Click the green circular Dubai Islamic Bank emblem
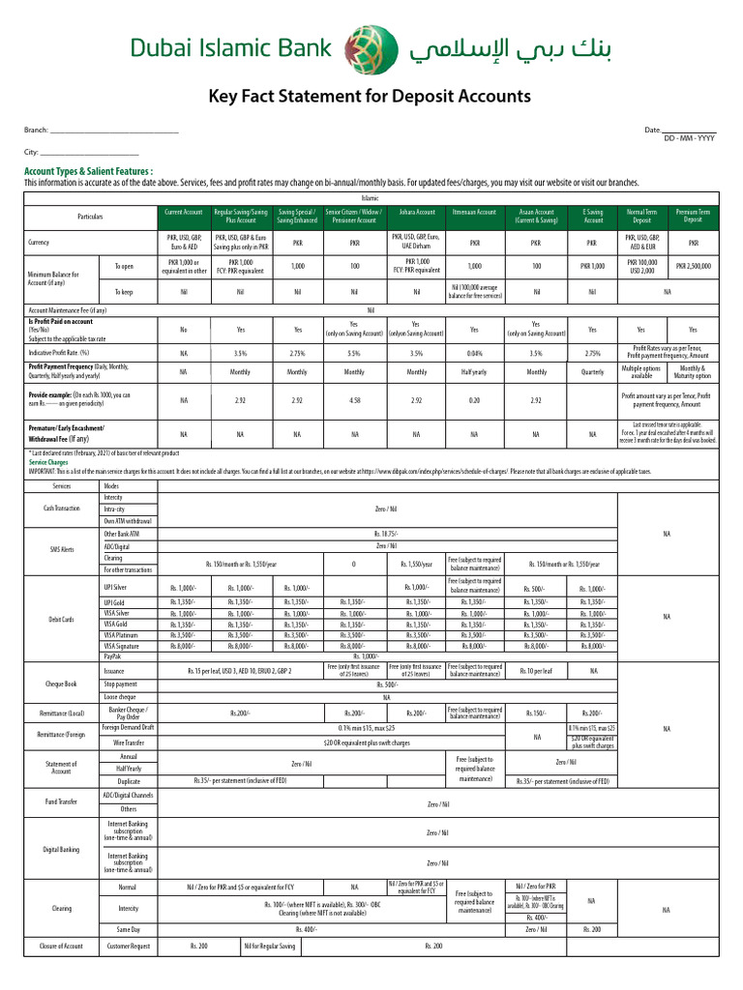click(371, 46)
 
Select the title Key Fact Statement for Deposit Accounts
click(371, 97)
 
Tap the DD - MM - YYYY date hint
click(689, 139)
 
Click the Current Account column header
click(184, 212)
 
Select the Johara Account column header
click(417, 212)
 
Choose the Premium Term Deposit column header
click(693, 216)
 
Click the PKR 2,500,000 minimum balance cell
click(693, 266)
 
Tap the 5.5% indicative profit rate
click(354, 354)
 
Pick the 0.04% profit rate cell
click(474, 354)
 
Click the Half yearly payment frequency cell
click(474, 372)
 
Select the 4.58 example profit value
click(354, 398)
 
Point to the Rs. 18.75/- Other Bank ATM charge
click(387, 533)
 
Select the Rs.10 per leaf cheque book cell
click(535, 670)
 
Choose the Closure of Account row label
click(62, 945)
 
